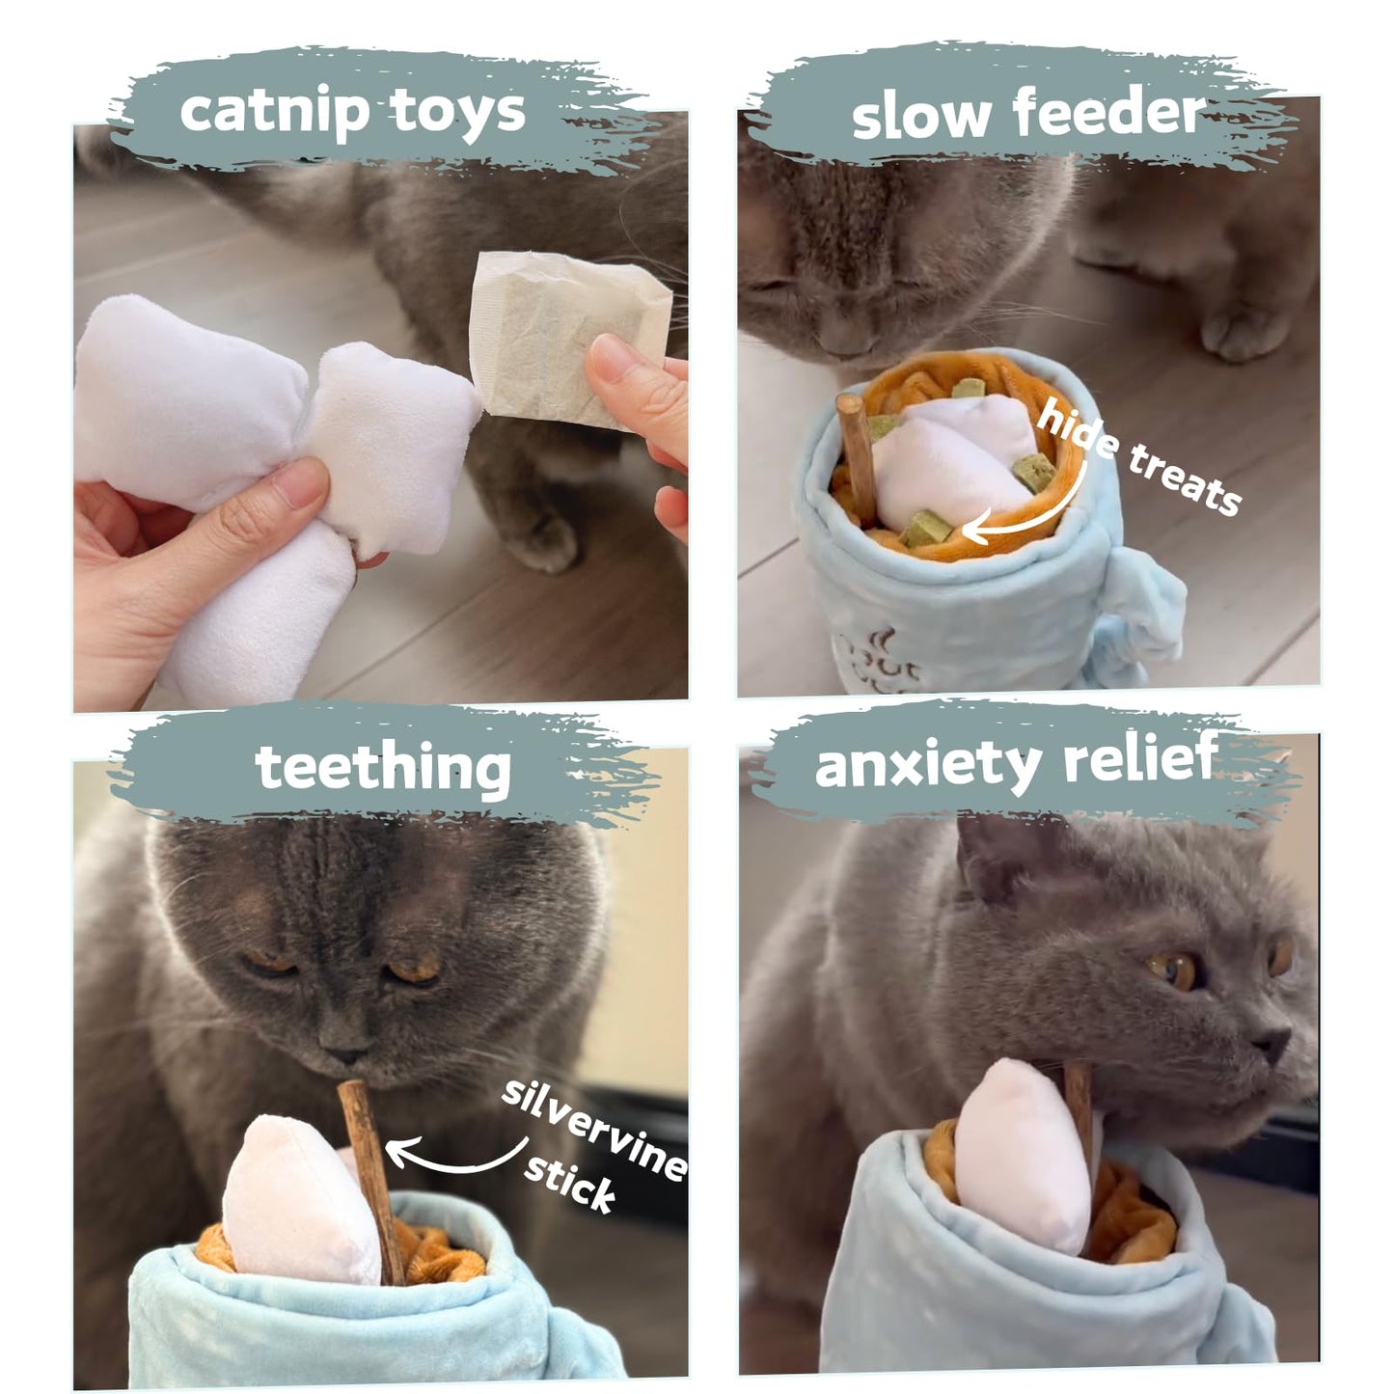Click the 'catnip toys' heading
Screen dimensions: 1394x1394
[352, 111]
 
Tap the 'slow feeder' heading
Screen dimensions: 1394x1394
[1028, 114]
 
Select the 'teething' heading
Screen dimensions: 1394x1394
[383, 768]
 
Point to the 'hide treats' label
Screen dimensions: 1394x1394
[1138, 460]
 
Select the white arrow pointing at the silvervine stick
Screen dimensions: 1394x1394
[453, 1158]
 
